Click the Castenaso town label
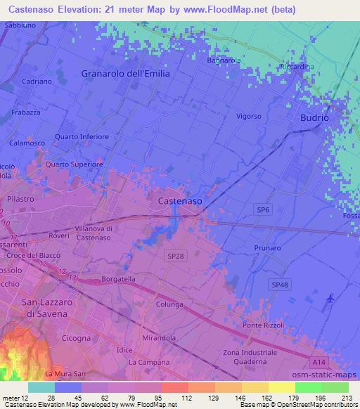[x=180, y=201]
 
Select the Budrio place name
[x=314, y=118]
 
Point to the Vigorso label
[x=249, y=116]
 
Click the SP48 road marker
[x=280, y=283]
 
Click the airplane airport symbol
[x=332, y=299]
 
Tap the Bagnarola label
[x=224, y=60]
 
